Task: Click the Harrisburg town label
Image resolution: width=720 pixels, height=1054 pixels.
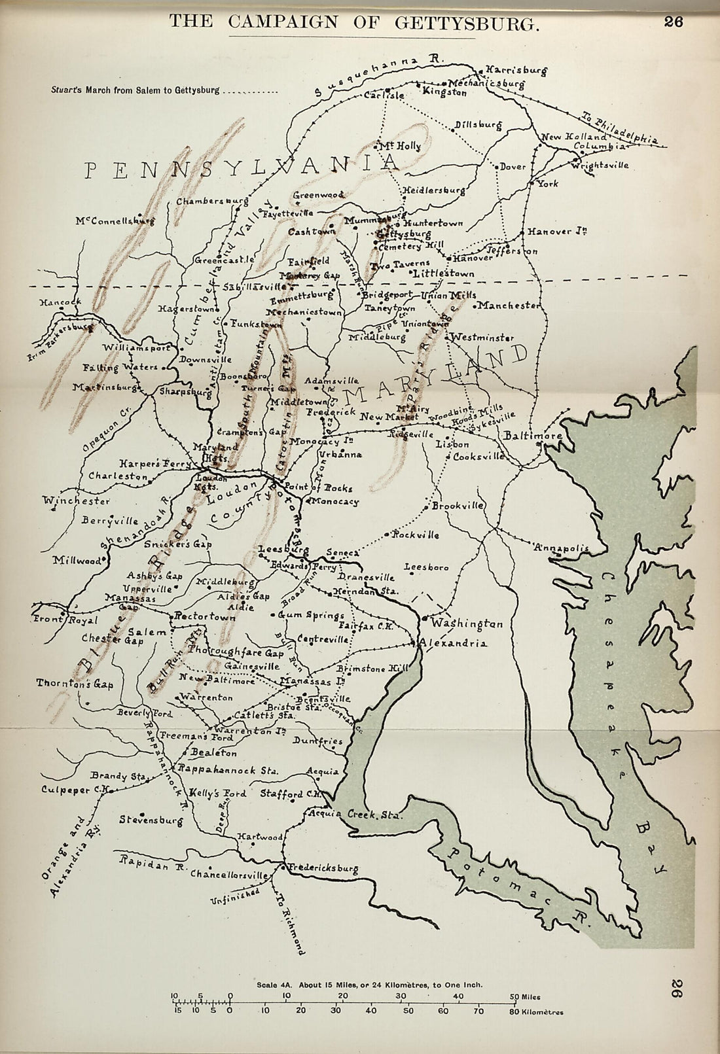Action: (516, 70)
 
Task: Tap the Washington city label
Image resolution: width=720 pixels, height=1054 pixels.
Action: (467, 624)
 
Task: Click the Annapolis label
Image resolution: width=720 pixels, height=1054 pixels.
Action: (562, 548)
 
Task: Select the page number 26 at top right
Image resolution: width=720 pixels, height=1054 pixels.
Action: (674, 22)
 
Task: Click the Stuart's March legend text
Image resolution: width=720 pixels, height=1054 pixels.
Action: (135, 90)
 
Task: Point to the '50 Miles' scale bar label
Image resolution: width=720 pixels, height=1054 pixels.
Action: (526, 996)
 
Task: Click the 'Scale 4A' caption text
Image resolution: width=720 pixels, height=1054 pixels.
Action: (370, 984)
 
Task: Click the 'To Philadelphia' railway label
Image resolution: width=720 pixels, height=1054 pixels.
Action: (621, 128)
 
